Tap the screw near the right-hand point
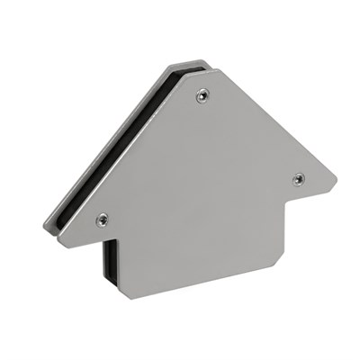(298, 178)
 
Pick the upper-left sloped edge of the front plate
(126, 162)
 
